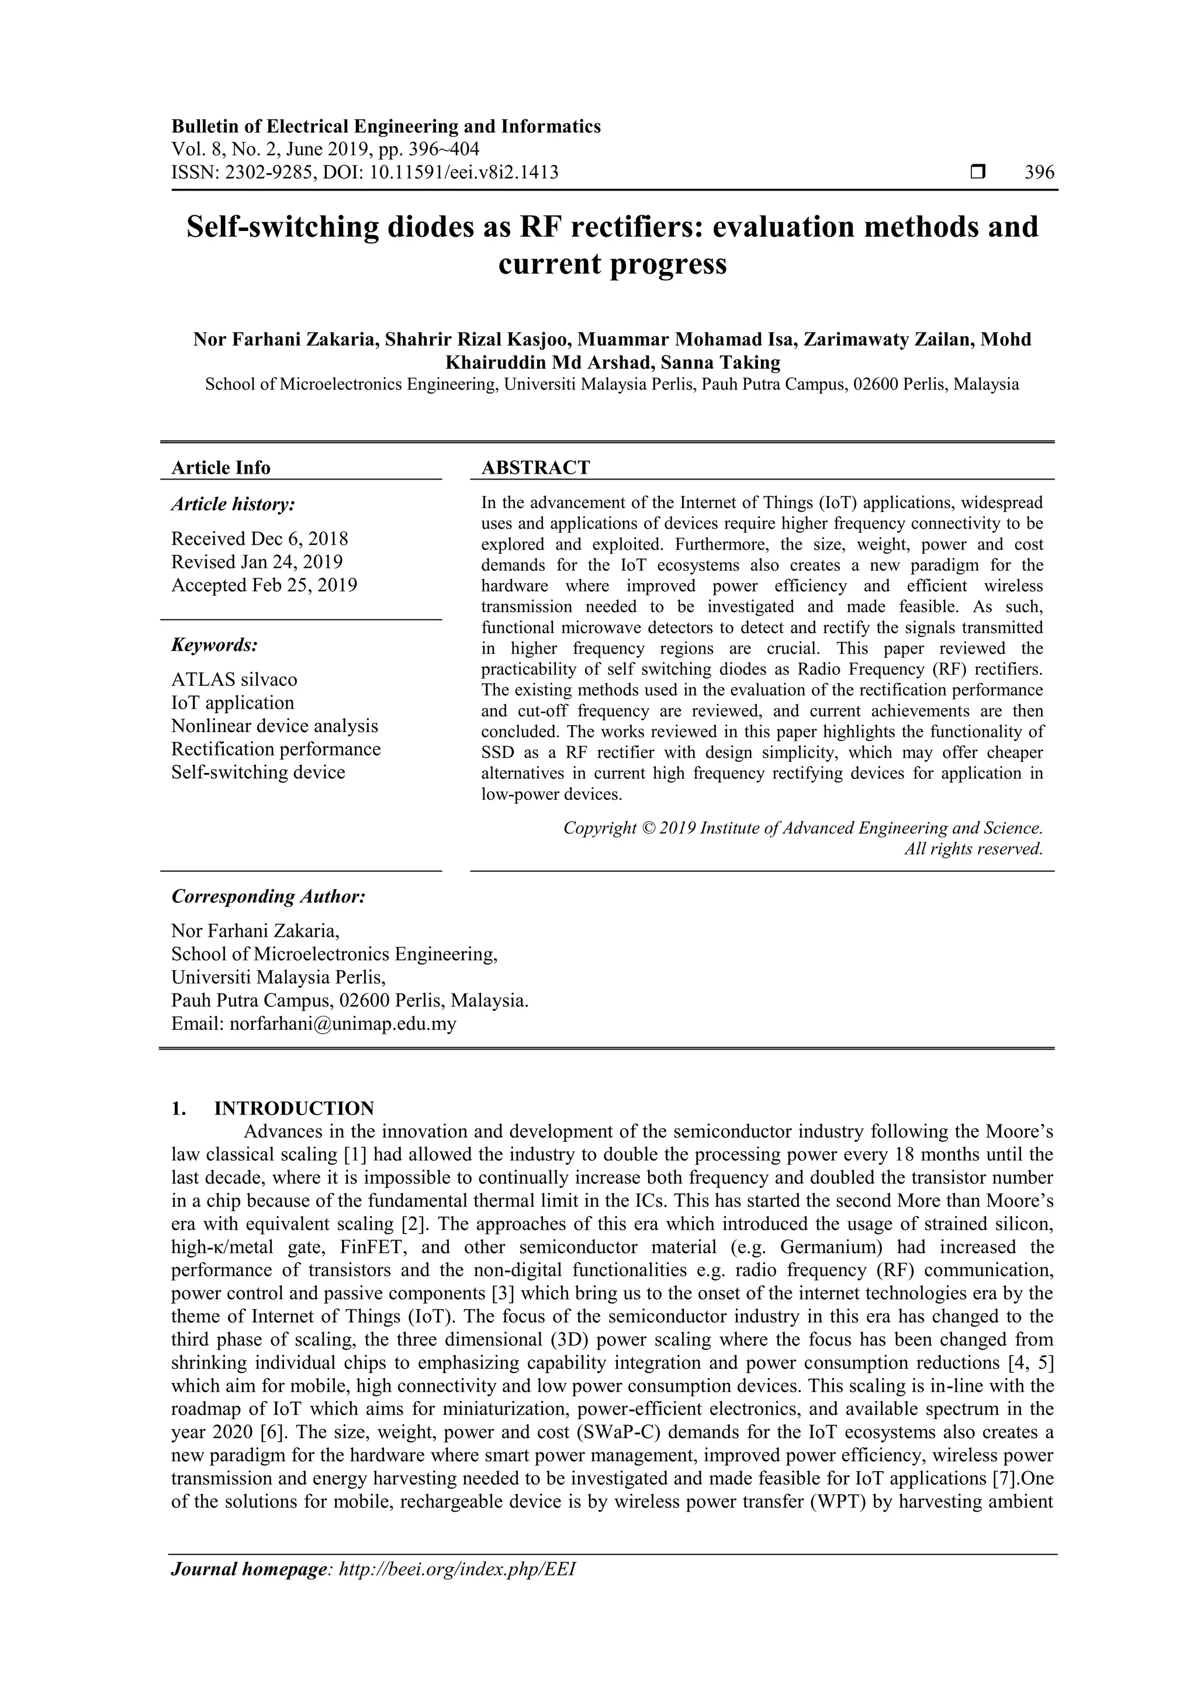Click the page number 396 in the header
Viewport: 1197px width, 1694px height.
coord(1039,172)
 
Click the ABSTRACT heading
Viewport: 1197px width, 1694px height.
coord(535,467)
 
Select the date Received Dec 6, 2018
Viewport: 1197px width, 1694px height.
coord(260,539)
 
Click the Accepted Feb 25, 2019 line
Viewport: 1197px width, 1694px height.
coord(264,585)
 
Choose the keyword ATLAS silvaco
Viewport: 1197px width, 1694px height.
coord(234,679)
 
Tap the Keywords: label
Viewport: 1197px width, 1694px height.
coord(215,645)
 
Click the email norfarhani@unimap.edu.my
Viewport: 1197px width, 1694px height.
coord(343,1023)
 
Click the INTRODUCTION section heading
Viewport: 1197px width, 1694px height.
coord(293,1108)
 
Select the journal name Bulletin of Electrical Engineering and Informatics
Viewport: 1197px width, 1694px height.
coord(386,126)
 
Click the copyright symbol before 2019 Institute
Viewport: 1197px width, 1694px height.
coord(648,828)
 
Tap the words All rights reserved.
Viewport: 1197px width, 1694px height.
coord(974,848)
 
